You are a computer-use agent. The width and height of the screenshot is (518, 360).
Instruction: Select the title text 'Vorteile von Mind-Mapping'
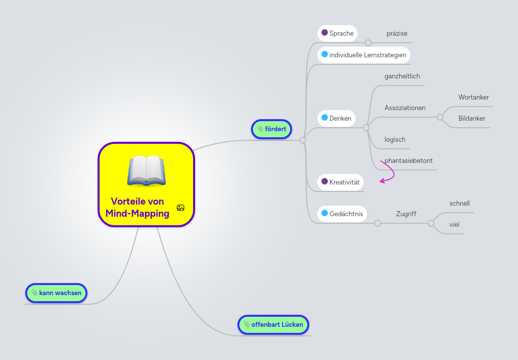[x=137, y=208]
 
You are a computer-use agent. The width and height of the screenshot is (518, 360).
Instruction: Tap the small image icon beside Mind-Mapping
[x=181, y=208]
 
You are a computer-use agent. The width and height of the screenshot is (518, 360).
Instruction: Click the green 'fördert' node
[x=272, y=129]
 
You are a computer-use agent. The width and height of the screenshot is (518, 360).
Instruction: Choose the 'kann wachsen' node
[x=56, y=293]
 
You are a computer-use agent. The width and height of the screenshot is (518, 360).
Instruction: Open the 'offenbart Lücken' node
[x=273, y=324]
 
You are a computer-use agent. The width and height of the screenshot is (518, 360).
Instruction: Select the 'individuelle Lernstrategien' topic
[x=364, y=54]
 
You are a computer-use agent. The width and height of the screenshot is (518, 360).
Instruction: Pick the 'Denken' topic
[x=336, y=118]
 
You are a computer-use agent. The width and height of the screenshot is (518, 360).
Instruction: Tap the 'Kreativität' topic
[x=340, y=182]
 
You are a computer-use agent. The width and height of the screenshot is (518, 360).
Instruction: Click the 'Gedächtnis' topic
[x=342, y=214]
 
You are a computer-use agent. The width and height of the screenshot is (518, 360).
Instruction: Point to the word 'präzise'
[x=397, y=33]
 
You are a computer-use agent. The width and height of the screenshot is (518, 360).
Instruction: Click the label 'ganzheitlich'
[x=402, y=76]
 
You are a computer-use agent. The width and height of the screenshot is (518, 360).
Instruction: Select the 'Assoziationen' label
[x=405, y=108]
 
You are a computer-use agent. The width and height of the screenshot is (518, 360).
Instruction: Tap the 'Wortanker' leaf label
[x=473, y=97]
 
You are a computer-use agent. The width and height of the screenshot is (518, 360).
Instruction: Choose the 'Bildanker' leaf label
[x=472, y=118]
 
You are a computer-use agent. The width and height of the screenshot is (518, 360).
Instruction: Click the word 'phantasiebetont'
[x=408, y=160]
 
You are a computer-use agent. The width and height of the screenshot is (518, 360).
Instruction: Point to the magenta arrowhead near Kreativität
[x=382, y=180]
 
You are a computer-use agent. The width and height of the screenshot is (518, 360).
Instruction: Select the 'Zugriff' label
[x=406, y=214]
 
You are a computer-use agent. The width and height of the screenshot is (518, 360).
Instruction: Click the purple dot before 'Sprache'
[x=324, y=33]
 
